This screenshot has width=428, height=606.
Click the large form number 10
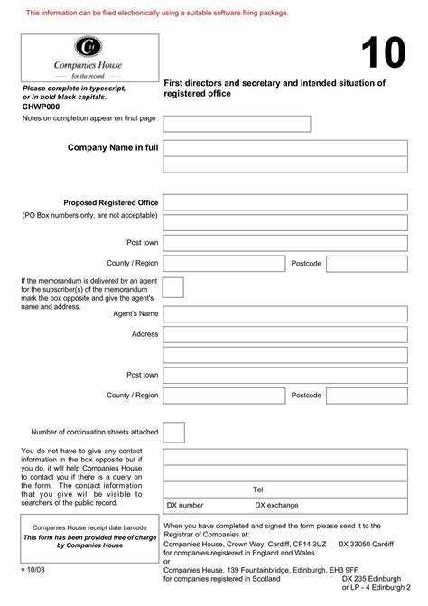click(x=383, y=55)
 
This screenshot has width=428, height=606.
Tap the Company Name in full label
click(x=113, y=147)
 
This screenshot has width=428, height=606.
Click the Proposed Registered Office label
click(x=110, y=202)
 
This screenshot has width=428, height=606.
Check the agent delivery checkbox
click(x=173, y=287)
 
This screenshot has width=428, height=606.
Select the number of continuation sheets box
click(x=173, y=432)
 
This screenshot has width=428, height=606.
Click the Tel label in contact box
click(x=257, y=489)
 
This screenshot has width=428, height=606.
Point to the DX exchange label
click(x=276, y=506)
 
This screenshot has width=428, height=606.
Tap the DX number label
click(x=185, y=506)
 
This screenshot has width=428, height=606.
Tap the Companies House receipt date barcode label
click(x=88, y=527)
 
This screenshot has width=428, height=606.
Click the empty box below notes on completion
click(x=237, y=124)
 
